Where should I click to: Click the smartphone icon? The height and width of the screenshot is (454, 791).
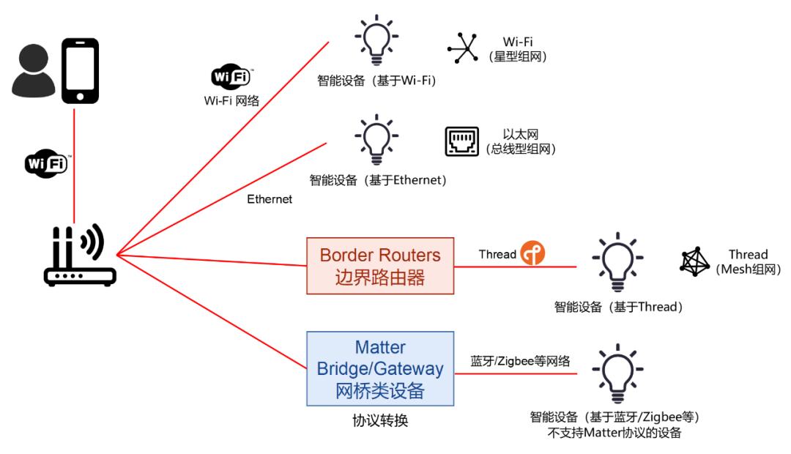point(79,71)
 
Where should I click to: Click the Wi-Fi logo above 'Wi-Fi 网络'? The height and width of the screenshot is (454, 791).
point(231,78)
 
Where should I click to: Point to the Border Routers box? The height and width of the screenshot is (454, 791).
point(380,266)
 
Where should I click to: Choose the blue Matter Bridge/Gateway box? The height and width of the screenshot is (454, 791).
point(380,368)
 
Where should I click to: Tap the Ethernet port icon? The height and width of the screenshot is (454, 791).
point(467,142)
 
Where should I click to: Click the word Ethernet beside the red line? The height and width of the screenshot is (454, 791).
point(269,198)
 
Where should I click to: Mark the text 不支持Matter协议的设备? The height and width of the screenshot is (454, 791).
point(617,433)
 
